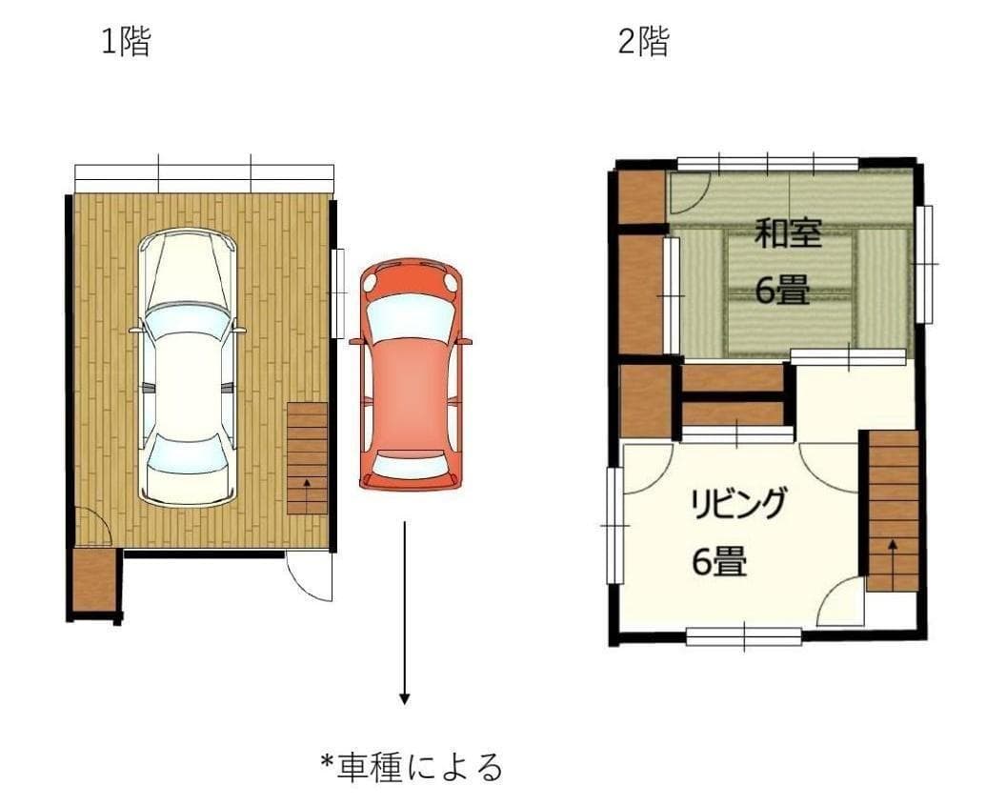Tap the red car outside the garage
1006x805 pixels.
(411, 373)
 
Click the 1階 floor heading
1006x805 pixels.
(127, 42)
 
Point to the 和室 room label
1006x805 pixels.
(788, 233)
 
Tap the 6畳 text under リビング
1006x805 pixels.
(719, 563)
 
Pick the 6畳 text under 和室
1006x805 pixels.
(782, 291)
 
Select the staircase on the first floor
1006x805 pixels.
(307, 458)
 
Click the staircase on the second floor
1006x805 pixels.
(893, 511)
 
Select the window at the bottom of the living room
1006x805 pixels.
(743, 635)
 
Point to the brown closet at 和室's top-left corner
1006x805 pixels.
(641, 197)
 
